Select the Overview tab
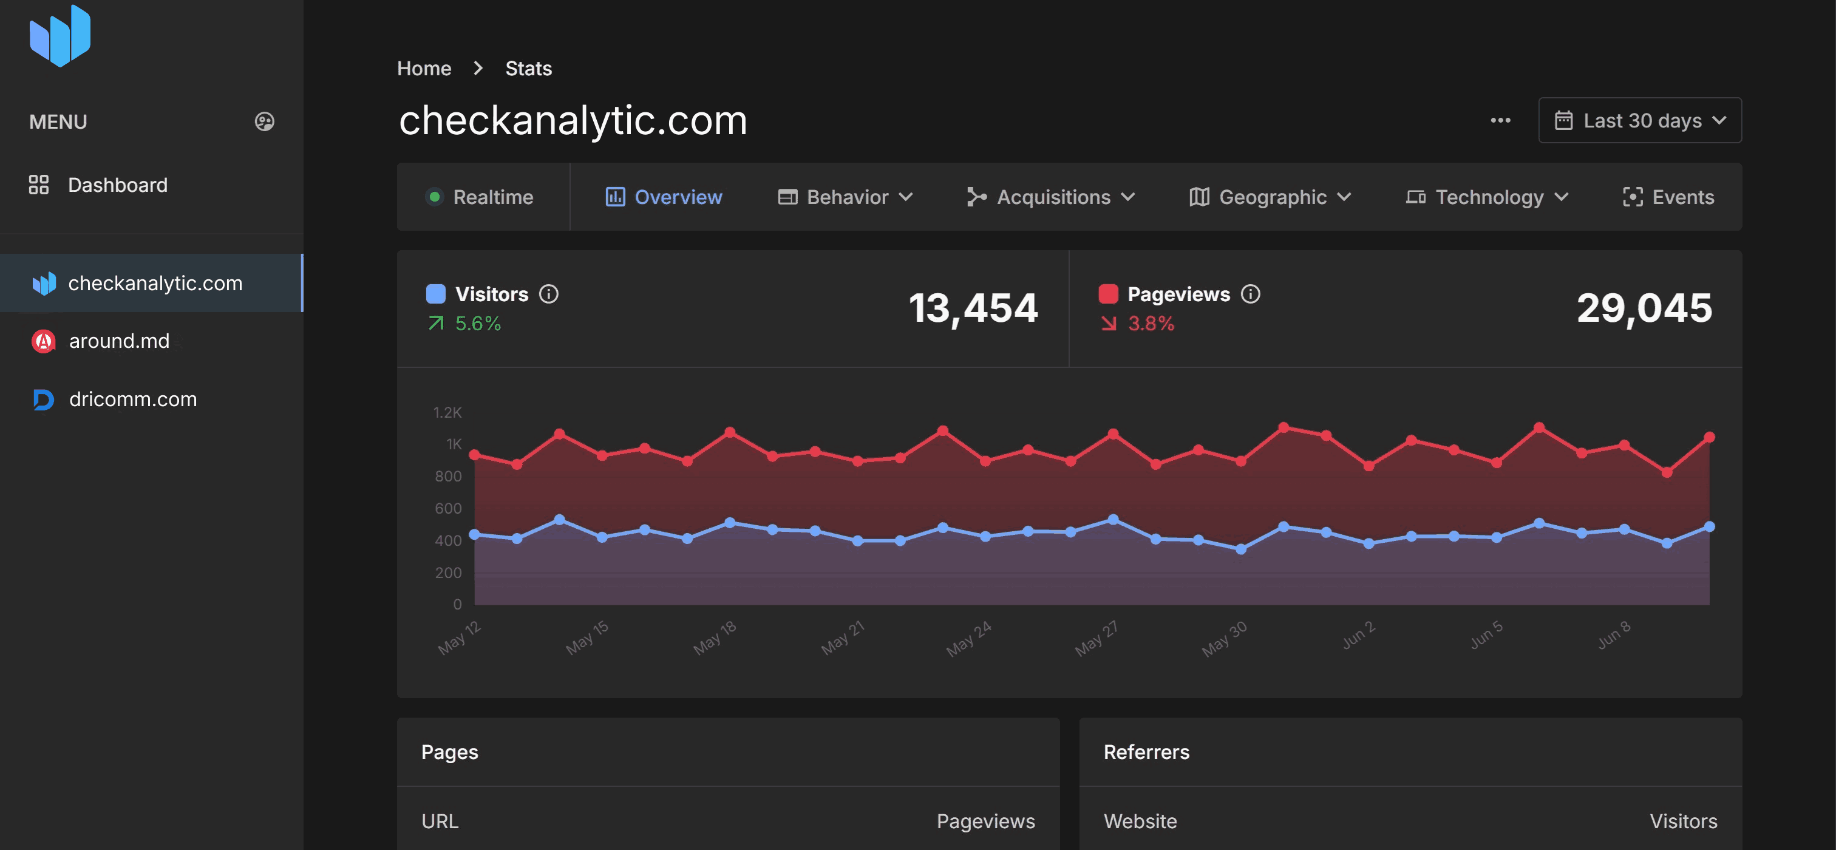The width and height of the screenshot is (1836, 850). (x=664, y=197)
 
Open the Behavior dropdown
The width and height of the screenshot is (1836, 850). (x=845, y=197)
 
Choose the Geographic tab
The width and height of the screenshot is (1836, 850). (x=1270, y=197)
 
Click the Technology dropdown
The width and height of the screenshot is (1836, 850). (x=1487, y=197)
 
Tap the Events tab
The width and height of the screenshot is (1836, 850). (x=1668, y=197)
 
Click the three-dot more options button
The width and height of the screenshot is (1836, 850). (x=1500, y=120)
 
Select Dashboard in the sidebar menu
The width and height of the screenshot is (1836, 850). (x=118, y=185)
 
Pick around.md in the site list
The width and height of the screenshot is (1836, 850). (x=119, y=341)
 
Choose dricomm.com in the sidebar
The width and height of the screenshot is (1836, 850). (x=132, y=399)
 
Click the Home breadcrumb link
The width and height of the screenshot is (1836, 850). (x=424, y=69)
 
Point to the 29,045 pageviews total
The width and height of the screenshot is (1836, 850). (x=1644, y=308)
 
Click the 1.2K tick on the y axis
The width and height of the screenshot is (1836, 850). (x=447, y=412)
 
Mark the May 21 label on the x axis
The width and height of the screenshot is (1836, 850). (x=843, y=637)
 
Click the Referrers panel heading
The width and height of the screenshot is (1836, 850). (x=1146, y=752)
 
